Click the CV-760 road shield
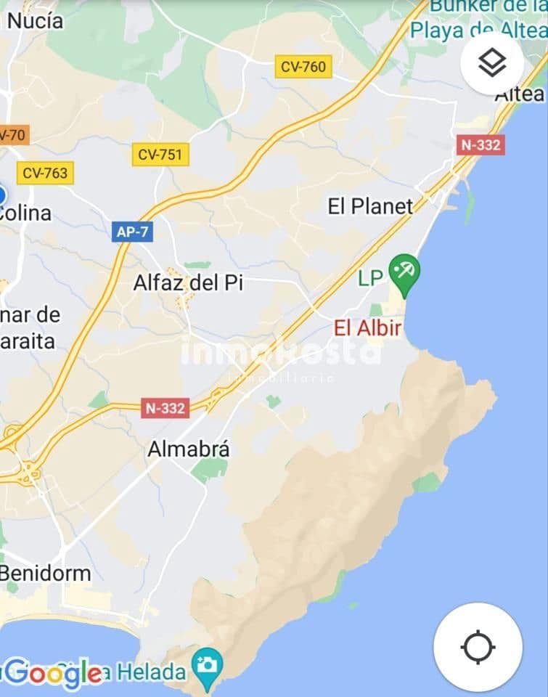(304, 67)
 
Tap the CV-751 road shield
(160, 154)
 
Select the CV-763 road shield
(45, 173)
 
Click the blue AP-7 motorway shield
(132, 232)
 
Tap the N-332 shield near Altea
(480, 144)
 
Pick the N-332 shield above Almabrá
(165, 408)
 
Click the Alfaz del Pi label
(188, 283)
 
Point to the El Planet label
(370, 206)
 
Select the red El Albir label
(367, 328)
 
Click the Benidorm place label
(45, 573)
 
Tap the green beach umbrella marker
(404, 273)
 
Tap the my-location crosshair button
(478, 646)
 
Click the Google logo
(52, 674)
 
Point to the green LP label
(371, 278)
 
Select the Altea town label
(520, 94)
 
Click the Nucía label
(35, 21)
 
